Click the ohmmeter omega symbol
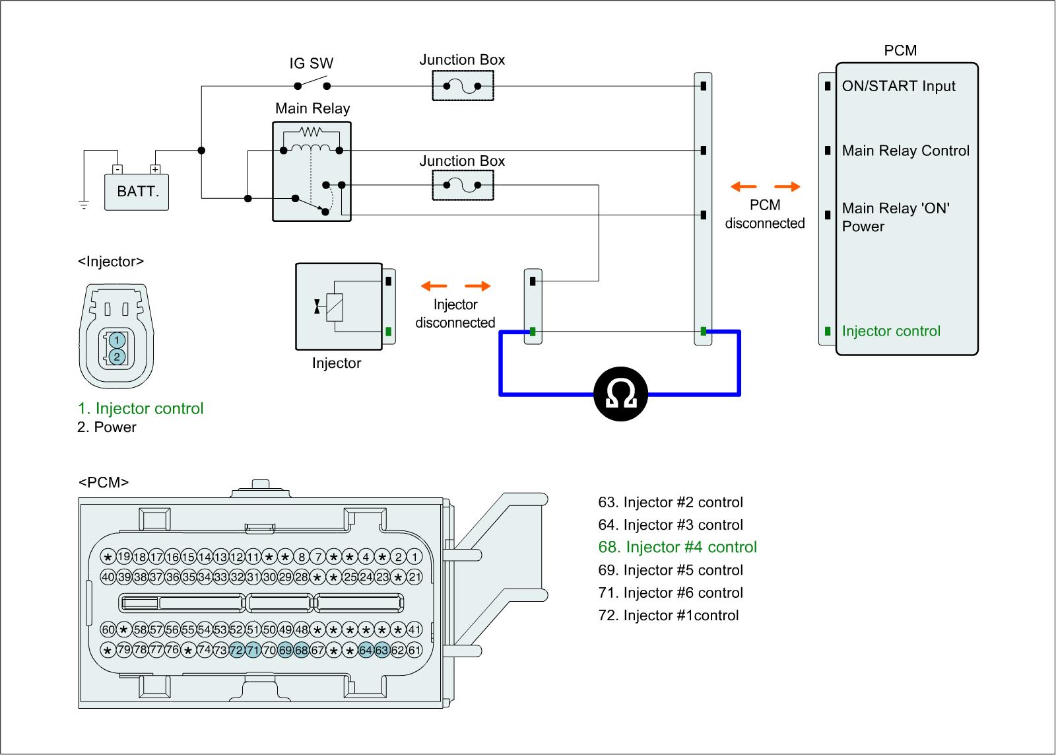pyautogui.click(x=620, y=394)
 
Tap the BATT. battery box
pyautogui.click(x=137, y=192)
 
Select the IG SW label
pyautogui.click(x=312, y=63)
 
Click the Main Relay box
pyautogui.click(x=312, y=170)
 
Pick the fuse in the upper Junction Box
pyautogui.click(x=462, y=86)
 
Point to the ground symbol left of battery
pyautogui.click(x=84, y=204)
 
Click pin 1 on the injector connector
pyautogui.click(x=116, y=340)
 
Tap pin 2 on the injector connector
pyautogui.click(x=116, y=357)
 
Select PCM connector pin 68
pyautogui.click(x=302, y=651)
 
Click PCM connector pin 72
pyautogui.click(x=237, y=651)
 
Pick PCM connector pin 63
pyautogui.click(x=382, y=651)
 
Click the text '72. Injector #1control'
pyautogui.click(x=669, y=615)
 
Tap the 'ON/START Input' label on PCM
pyautogui.click(x=898, y=86)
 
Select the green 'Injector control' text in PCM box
pyautogui.click(x=891, y=331)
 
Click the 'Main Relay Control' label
pyautogui.click(x=906, y=151)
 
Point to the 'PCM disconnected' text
pyautogui.click(x=765, y=214)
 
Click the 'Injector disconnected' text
pyautogui.click(x=455, y=314)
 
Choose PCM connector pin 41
pyautogui.click(x=414, y=629)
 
